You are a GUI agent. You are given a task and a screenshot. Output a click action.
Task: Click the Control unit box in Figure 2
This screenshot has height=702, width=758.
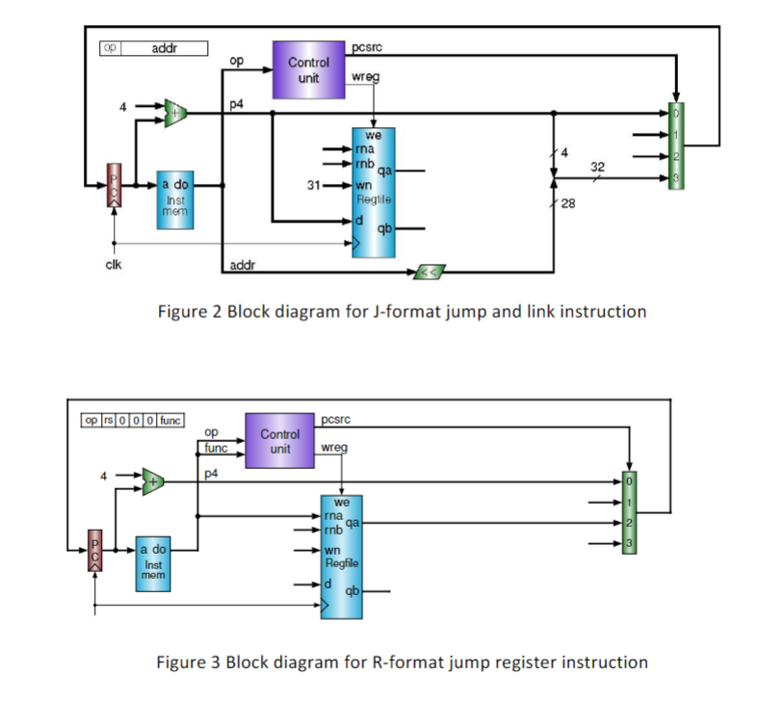(307, 69)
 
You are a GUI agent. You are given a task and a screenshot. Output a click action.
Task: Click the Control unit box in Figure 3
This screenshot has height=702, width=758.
(280, 441)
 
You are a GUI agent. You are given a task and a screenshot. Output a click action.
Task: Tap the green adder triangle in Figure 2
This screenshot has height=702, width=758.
(175, 112)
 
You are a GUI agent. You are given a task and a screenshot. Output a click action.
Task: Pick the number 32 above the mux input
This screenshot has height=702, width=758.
(598, 167)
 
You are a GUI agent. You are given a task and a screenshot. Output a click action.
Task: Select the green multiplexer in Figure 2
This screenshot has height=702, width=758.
(677, 145)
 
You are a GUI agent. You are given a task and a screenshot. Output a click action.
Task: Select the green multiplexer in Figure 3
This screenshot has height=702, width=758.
(629, 512)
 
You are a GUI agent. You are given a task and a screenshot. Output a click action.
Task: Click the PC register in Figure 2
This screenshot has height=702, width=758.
(113, 186)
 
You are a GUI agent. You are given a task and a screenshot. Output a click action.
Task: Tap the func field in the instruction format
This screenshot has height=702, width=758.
(171, 420)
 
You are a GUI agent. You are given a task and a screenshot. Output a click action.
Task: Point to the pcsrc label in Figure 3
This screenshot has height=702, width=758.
(336, 418)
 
